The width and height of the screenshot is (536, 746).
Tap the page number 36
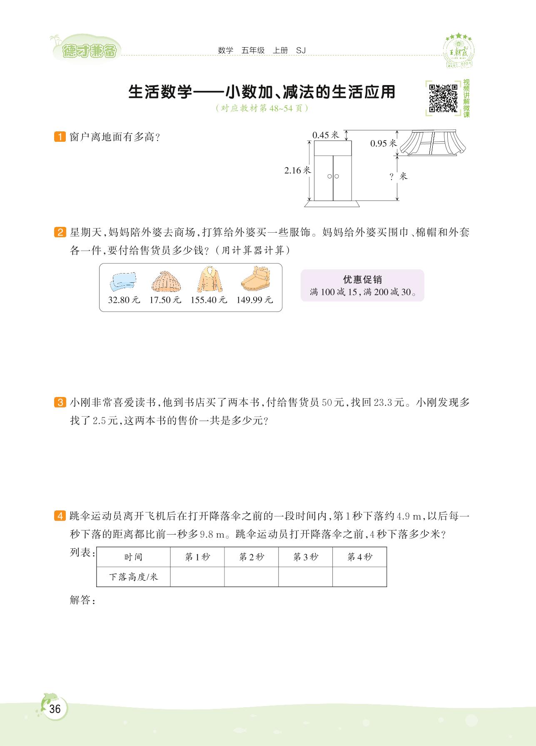(x=55, y=709)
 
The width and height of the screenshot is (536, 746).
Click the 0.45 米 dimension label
(x=326, y=135)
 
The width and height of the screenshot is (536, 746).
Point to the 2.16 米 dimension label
(x=297, y=170)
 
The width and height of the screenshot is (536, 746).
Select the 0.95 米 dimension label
(x=383, y=143)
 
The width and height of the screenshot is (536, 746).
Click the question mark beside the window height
(x=391, y=177)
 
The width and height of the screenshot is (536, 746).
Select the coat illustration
(x=209, y=280)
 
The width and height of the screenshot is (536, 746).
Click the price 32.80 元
(x=124, y=300)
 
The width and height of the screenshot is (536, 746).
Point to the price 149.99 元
(x=254, y=300)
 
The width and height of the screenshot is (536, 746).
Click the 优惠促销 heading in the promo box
(x=362, y=279)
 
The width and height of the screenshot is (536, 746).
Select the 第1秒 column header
(x=197, y=557)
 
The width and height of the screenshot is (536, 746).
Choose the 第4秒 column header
(x=359, y=557)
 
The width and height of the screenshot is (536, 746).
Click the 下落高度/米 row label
(x=133, y=577)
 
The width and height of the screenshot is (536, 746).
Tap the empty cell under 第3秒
(x=305, y=577)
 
